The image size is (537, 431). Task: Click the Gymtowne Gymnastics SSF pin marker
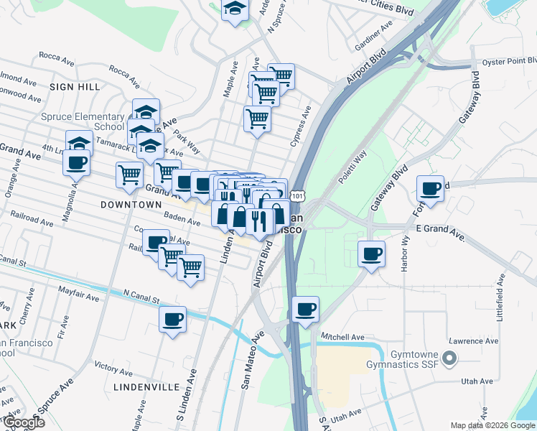(x=450, y=357)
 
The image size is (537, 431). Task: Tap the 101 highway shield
(x=299, y=195)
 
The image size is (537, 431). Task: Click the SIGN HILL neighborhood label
(x=75, y=86)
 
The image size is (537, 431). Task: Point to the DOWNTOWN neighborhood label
(x=131, y=205)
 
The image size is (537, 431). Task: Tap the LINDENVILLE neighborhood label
(x=146, y=386)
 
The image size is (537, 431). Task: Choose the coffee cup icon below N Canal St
(x=172, y=319)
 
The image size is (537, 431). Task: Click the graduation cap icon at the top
(x=234, y=9)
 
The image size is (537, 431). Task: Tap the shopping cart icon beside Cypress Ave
(x=257, y=119)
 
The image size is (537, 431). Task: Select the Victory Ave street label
(x=115, y=368)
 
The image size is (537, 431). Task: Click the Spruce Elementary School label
(x=74, y=121)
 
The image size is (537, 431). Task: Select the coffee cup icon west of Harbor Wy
(x=372, y=254)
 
